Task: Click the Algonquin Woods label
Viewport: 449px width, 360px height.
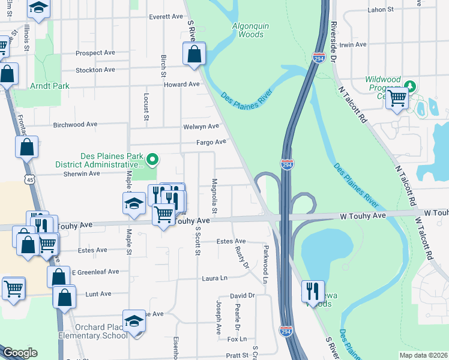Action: click(247, 29)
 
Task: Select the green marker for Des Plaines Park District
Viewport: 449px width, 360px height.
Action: click(152, 159)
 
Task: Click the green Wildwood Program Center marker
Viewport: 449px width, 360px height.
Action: click(410, 85)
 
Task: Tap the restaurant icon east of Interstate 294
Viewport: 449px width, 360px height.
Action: click(313, 291)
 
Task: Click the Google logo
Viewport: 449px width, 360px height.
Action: click(20, 353)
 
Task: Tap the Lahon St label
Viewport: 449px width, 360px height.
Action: click(381, 10)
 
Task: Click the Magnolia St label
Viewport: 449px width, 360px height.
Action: click(214, 193)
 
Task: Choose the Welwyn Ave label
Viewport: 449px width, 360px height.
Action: click(202, 127)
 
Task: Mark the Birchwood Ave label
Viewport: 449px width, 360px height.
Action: click(75, 125)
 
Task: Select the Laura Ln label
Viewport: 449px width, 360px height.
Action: click(215, 278)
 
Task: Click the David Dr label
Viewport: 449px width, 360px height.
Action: click(243, 296)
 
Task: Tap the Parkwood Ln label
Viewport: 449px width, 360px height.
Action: click(265, 263)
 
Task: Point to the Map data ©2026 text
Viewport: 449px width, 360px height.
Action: click(423, 355)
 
